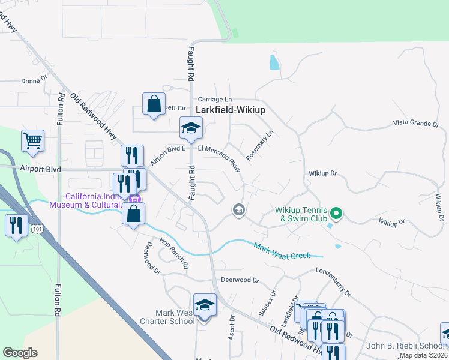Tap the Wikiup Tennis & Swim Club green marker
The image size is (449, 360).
[336, 213]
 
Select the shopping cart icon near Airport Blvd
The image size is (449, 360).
[32, 141]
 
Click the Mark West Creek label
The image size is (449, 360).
[282, 251]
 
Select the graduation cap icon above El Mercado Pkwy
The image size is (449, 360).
[191, 127]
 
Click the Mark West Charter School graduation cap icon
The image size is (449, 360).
[205, 305]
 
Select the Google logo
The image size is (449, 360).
[20, 353]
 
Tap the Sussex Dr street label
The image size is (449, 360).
[267, 304]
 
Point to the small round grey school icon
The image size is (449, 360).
[238, 209]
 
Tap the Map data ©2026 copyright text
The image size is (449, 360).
[423, 355]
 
